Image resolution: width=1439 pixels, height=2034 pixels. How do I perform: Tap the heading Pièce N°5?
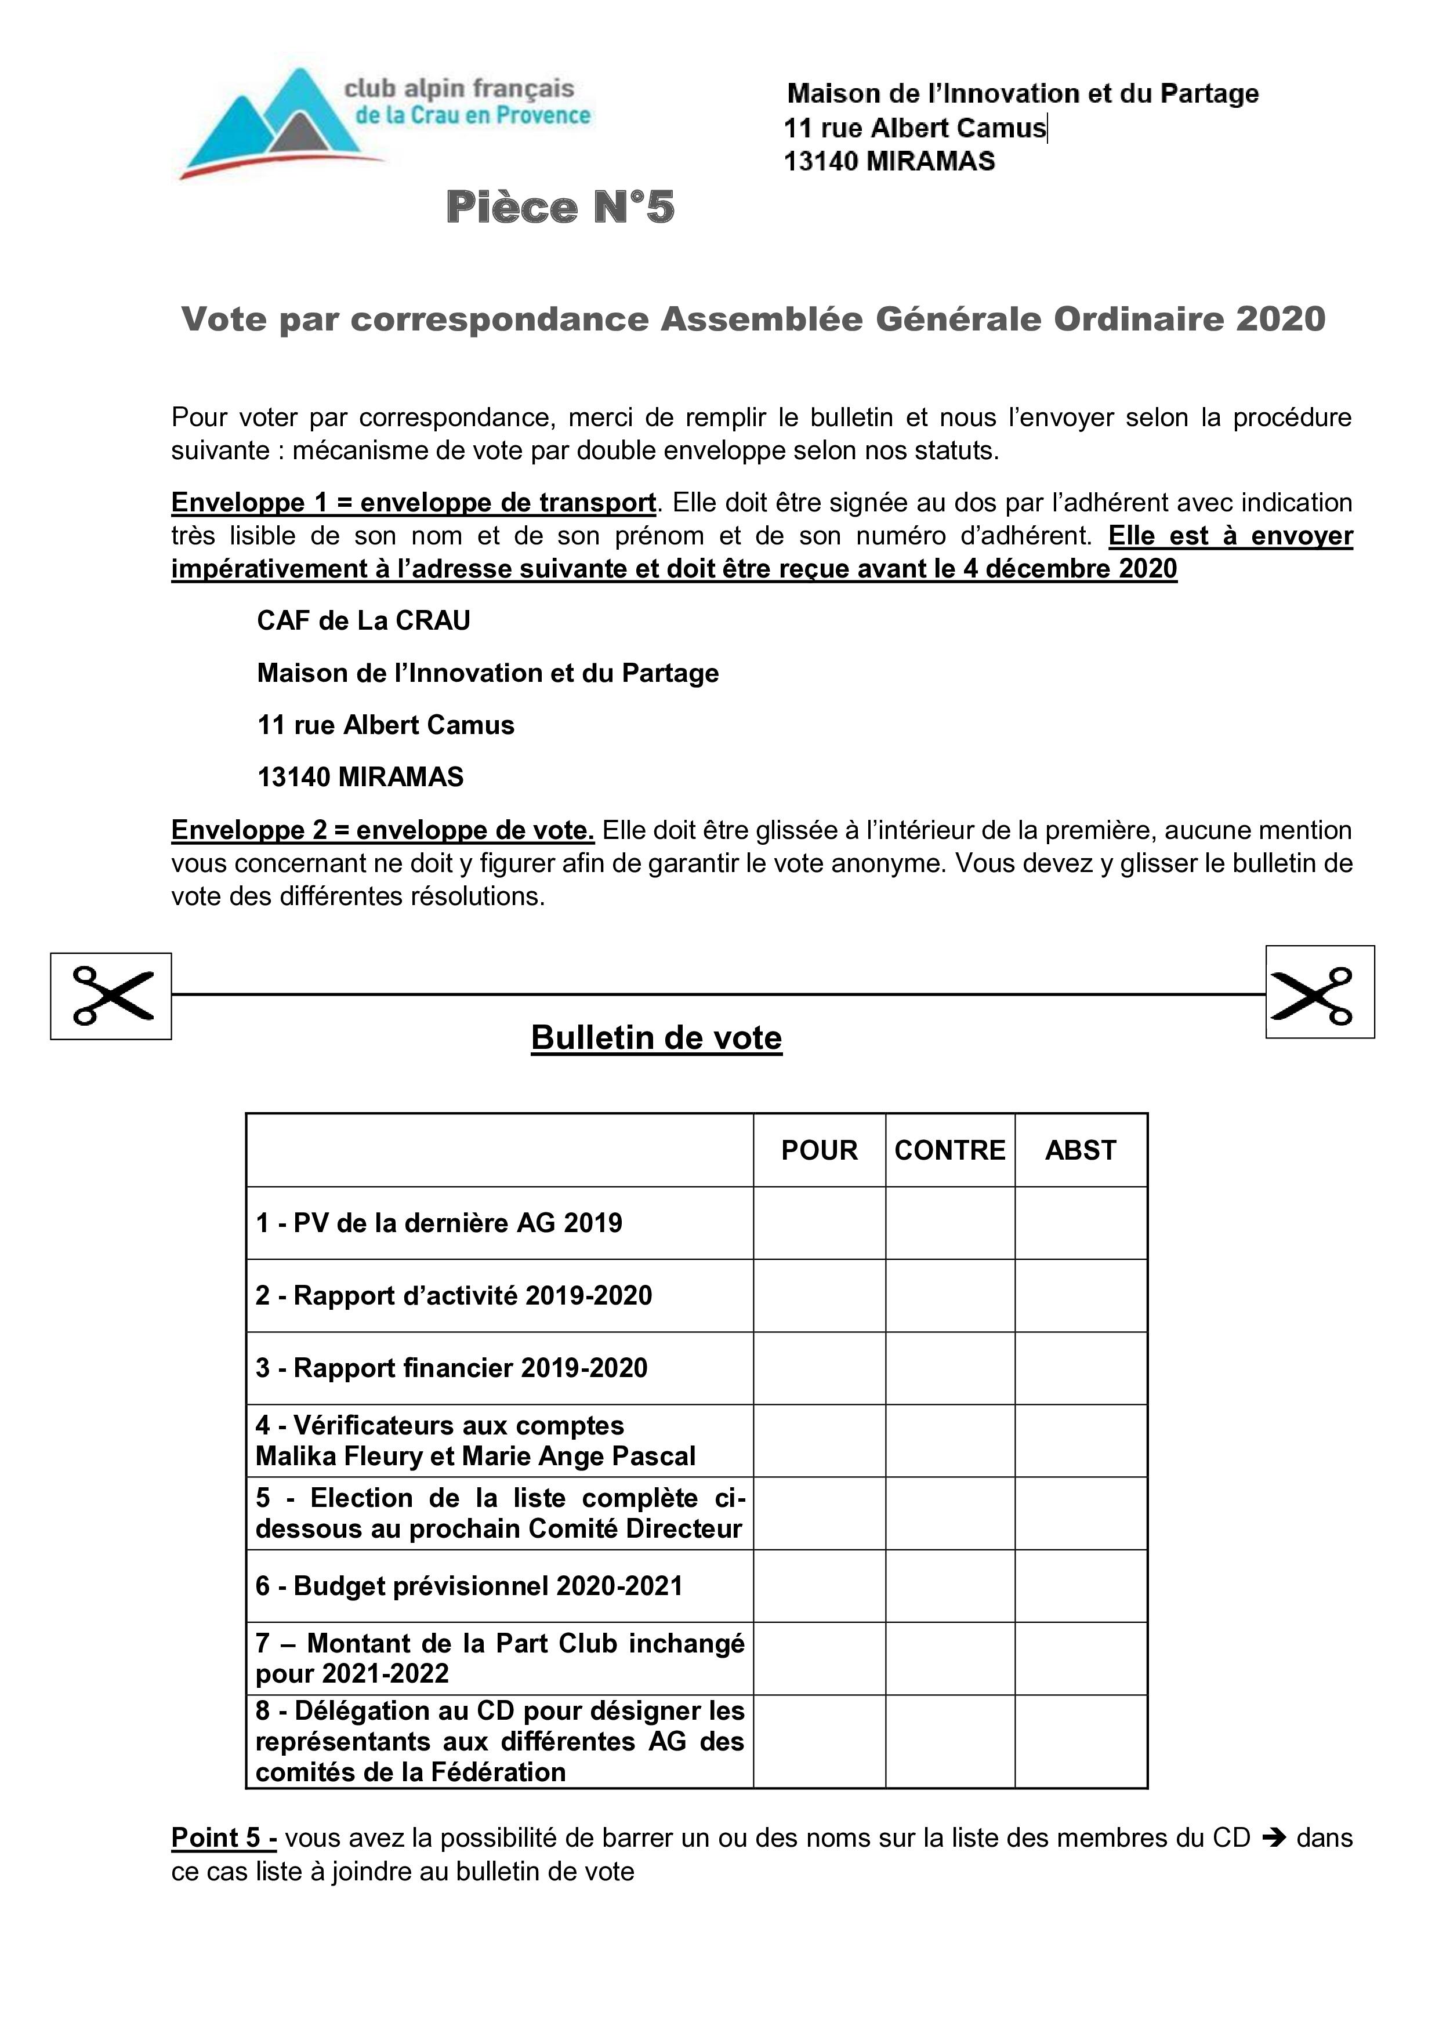[560, 208]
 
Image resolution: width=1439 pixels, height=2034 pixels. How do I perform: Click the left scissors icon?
[111, 996]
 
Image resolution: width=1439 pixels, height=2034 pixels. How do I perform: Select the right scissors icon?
[1320, 992]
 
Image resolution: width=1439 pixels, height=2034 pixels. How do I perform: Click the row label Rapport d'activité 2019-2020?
[454, 1295]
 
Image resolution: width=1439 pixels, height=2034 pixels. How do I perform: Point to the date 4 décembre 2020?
[1070, 569]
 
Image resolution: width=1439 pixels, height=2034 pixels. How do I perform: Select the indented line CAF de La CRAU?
[363, 620]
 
